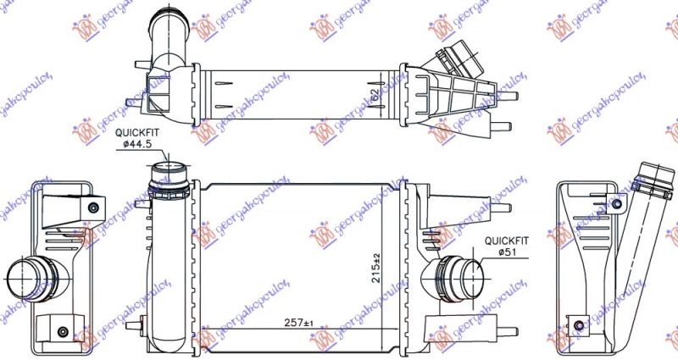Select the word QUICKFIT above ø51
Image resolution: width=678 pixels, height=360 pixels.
(x=507, y=240)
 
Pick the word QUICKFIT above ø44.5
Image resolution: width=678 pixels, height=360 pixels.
(x=136, y=133)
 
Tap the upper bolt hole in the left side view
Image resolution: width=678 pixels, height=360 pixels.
(x=92, y=208)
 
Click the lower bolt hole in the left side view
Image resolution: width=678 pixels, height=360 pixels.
(x=62, y=332)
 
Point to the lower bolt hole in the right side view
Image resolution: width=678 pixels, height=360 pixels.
(x=578, y=326)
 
